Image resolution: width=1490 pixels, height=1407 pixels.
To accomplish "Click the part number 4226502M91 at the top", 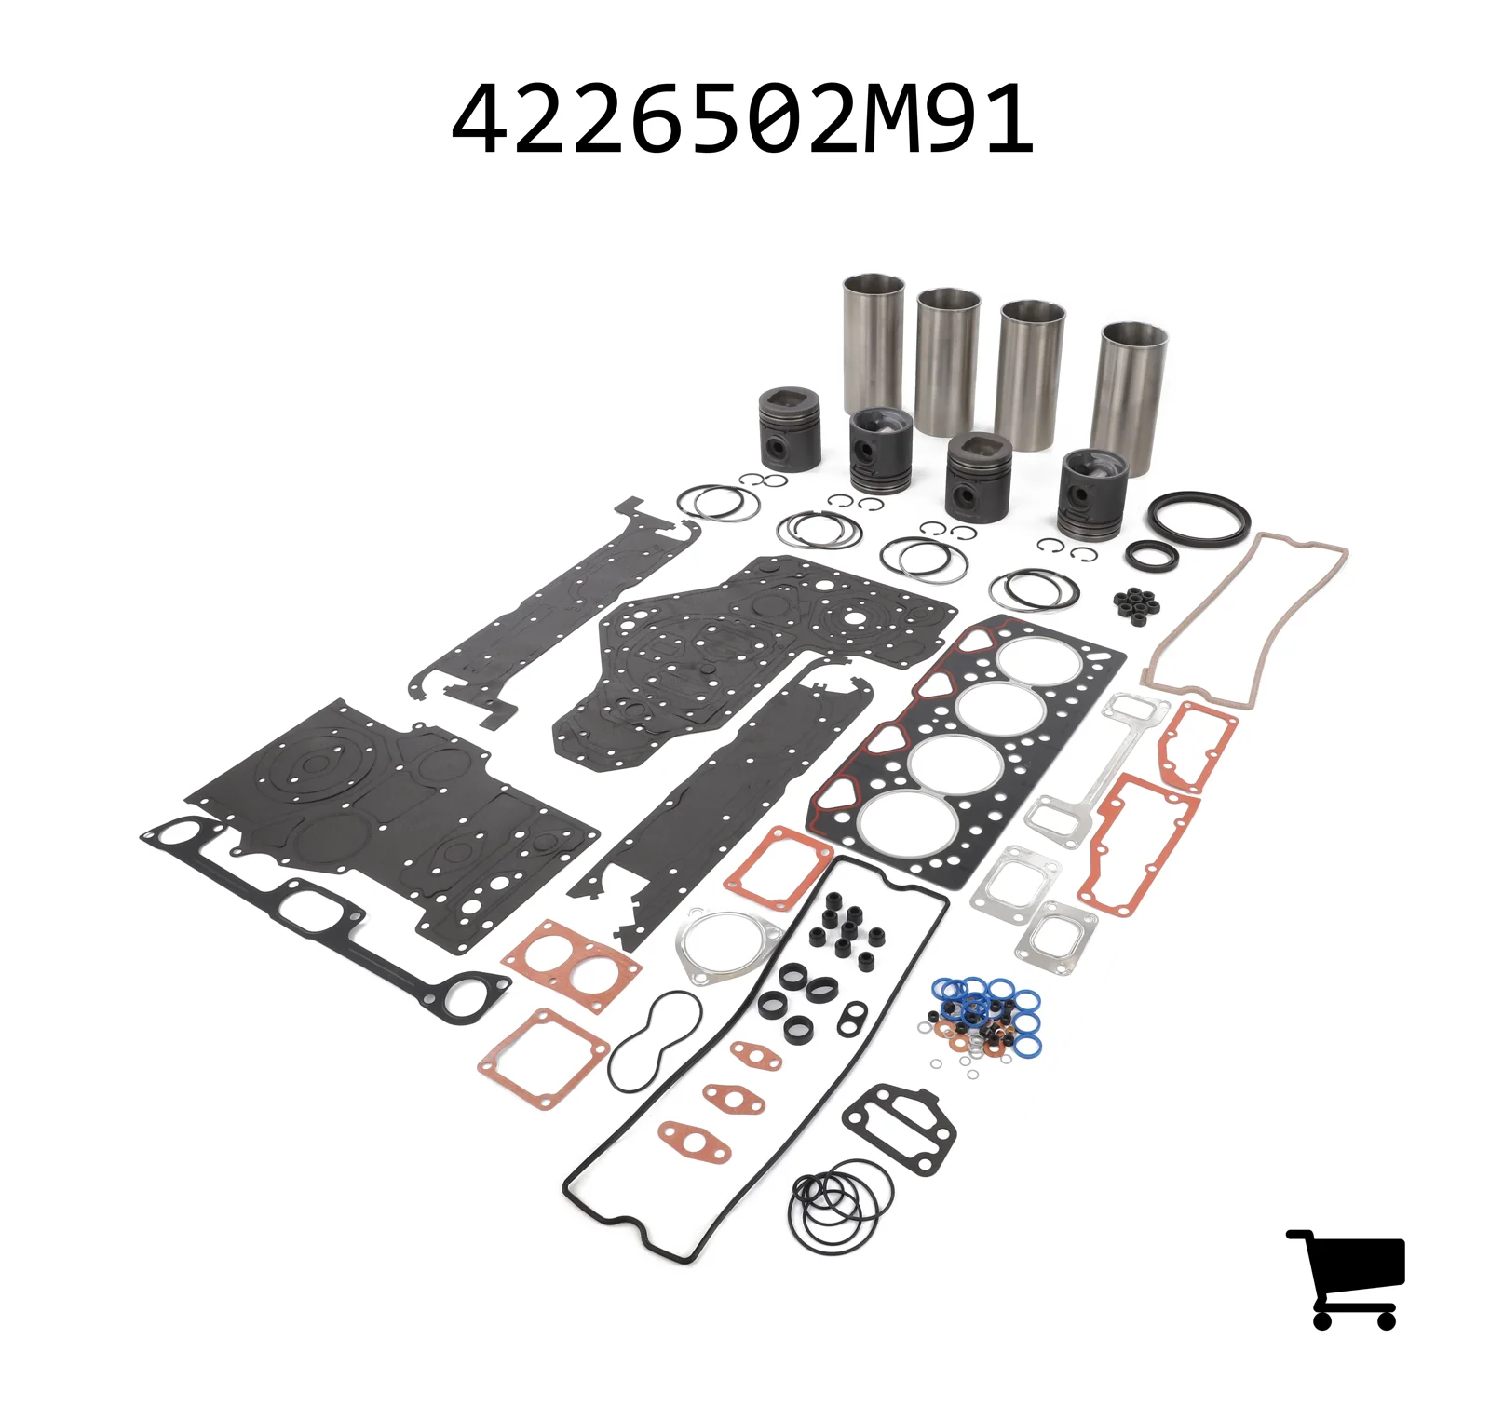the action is pyautogui.click(x=742, y=119).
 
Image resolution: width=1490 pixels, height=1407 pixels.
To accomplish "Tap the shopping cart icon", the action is pyautogui.click(x=1346, y=1278).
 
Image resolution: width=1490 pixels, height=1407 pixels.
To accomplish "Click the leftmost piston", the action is pyautogui.click(x=790, y=429).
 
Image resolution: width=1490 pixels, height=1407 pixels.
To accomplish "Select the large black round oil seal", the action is pyautogui.click(x=1198, y=517).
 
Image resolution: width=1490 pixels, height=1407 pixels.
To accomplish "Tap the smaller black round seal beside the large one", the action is pyautogui.click(x=1151, y=556).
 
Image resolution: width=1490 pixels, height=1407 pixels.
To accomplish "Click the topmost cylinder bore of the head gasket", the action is pyautogui.click(x=1040, y=659).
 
